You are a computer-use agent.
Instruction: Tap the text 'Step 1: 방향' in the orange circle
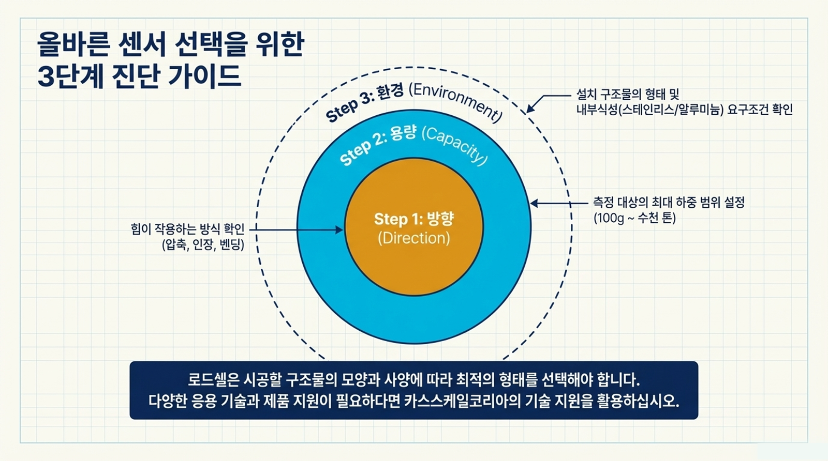coord(414,219)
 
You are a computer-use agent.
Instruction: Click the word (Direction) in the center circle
coord(414,238)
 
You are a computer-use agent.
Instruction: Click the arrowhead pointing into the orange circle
coord(339,229)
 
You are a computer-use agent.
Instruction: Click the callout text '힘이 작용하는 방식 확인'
coord(187,229)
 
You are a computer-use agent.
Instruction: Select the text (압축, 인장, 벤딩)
coord(203,244)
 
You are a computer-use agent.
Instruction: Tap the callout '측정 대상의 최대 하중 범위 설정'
coord(669,202)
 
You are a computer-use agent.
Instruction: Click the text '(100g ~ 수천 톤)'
coord(634,218)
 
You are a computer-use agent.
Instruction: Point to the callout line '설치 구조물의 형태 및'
coord(627,95)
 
